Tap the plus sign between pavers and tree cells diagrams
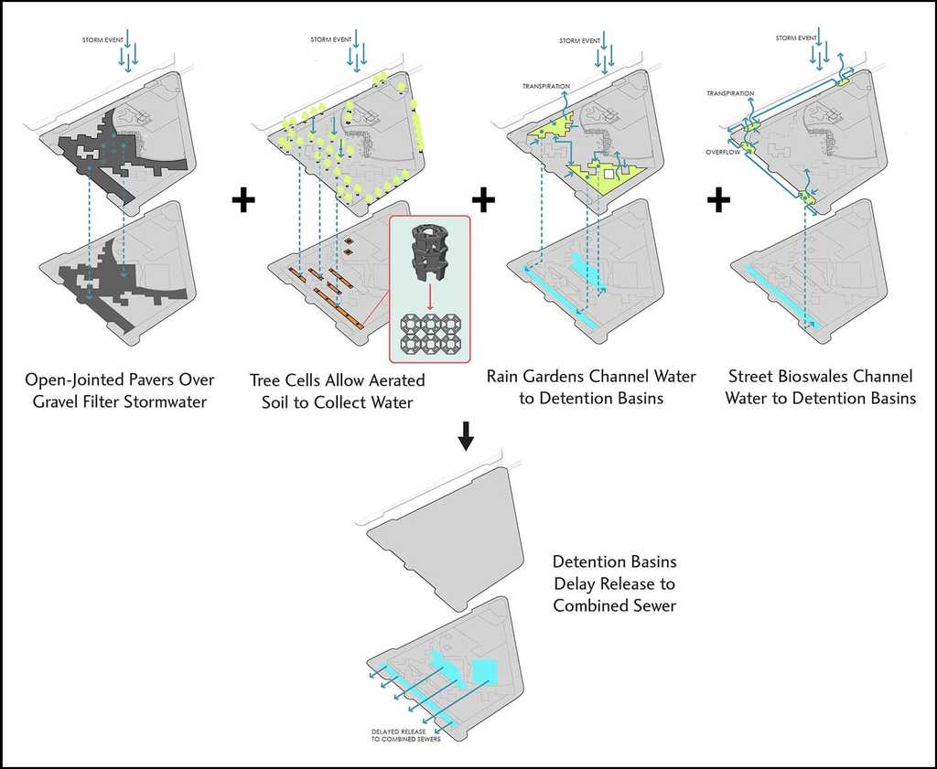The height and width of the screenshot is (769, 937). [242, 200]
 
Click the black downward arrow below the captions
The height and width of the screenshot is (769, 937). [466, 440]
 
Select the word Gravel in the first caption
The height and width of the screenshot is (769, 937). [49, 401]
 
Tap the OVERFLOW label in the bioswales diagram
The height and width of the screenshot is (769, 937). [722, 153]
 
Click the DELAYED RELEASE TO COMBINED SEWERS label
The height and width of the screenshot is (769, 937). [406, 735]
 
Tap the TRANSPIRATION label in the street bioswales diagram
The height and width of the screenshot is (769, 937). [730, 93]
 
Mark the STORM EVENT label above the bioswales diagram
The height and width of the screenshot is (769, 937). [795, 38]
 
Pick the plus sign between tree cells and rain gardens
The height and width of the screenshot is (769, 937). [483, 199]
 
